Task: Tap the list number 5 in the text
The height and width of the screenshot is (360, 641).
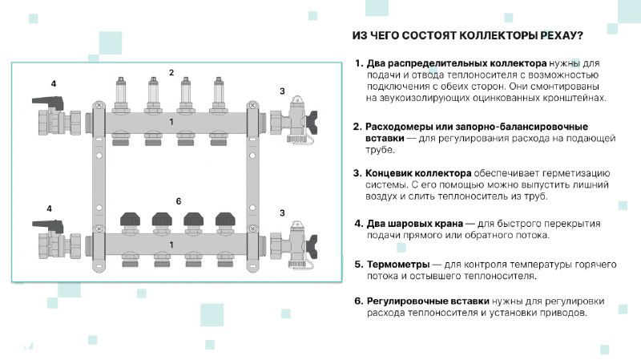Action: [358, 264]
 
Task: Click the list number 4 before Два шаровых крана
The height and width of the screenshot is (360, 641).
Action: [358, 224]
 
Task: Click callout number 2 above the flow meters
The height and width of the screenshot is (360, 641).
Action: [171, 73]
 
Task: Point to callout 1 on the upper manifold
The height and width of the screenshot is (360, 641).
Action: [171, 121]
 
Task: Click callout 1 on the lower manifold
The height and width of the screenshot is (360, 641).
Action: [171, 242]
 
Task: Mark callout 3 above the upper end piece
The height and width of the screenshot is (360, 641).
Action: [282, 91]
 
